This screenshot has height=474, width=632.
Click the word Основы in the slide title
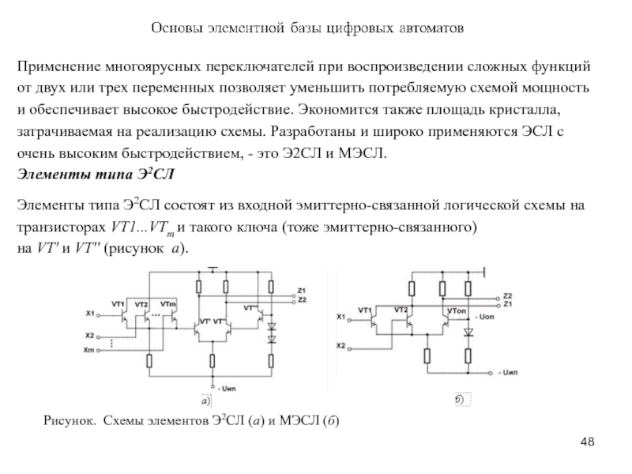coord(178,28)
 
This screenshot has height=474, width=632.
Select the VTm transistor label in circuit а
coord(167,303)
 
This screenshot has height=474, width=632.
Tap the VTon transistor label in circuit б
coord(457,310)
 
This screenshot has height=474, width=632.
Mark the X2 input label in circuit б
coord(340,346)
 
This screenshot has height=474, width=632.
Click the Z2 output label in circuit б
coord(508,295)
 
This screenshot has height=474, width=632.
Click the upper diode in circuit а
coord(272,325)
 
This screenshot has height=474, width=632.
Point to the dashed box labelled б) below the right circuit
coord(461,399)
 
